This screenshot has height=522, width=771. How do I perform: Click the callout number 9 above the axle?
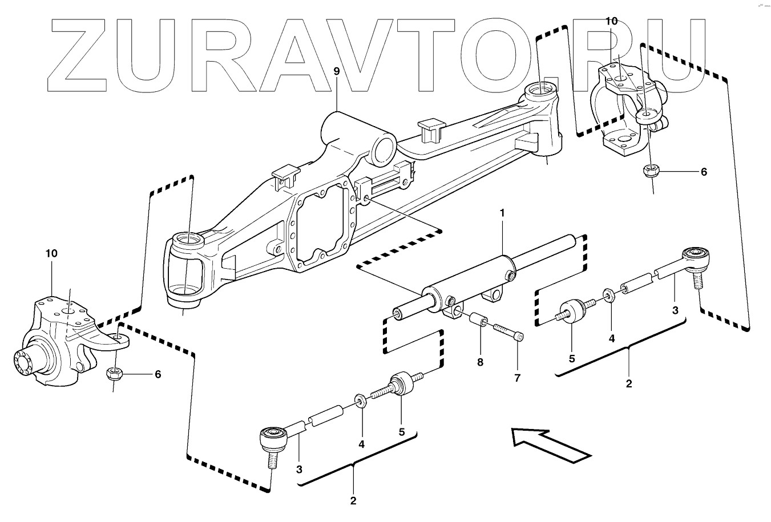pos(336,71)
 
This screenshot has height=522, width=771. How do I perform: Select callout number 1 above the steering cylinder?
pos(502,213)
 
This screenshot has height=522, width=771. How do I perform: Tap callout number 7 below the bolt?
pos(517,378)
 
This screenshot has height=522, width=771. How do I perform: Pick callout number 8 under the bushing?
pos(480,362)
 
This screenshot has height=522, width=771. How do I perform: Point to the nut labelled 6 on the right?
pos(649,169)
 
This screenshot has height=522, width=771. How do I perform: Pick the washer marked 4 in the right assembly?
pos(608,294)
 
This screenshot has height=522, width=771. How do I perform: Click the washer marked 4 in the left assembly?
pos(361,399)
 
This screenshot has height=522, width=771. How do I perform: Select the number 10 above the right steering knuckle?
pos(611,21)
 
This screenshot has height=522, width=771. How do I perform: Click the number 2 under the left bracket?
pos(353,501)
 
